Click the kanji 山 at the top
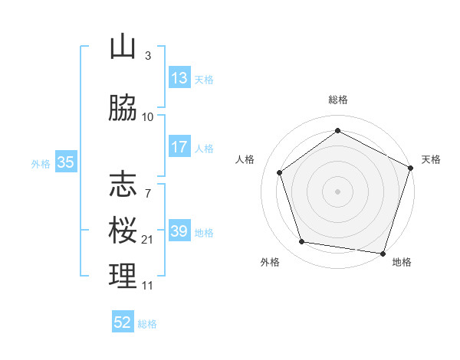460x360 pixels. click(x=123, y=47)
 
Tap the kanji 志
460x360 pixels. click(x=123, y=184)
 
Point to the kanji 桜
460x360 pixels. click(x=123, y=231)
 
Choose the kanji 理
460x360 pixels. click(x=123, y=277)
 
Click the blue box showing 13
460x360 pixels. click(x=179, y=78)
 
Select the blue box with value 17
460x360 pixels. click(x=179, y=147)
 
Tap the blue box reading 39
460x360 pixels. click(x=179, y=231)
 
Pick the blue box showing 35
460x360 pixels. click(x=65, y=162)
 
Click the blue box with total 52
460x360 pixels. click(x=123, y=322)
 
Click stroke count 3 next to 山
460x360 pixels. click(x=148, y=56)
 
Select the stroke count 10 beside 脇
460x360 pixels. click(x=148, y=117)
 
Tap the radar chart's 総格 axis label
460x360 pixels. click(x=337, y=100)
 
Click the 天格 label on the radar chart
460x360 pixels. click(x=432, y=159)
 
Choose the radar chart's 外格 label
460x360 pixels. click(x=270, y=262)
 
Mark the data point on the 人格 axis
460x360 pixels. click(x=280, y=172)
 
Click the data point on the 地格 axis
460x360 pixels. click(x=383, y=253)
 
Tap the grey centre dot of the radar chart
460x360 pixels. click(x=337, y=191)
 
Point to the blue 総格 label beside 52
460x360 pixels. click(x=147, y=324)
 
